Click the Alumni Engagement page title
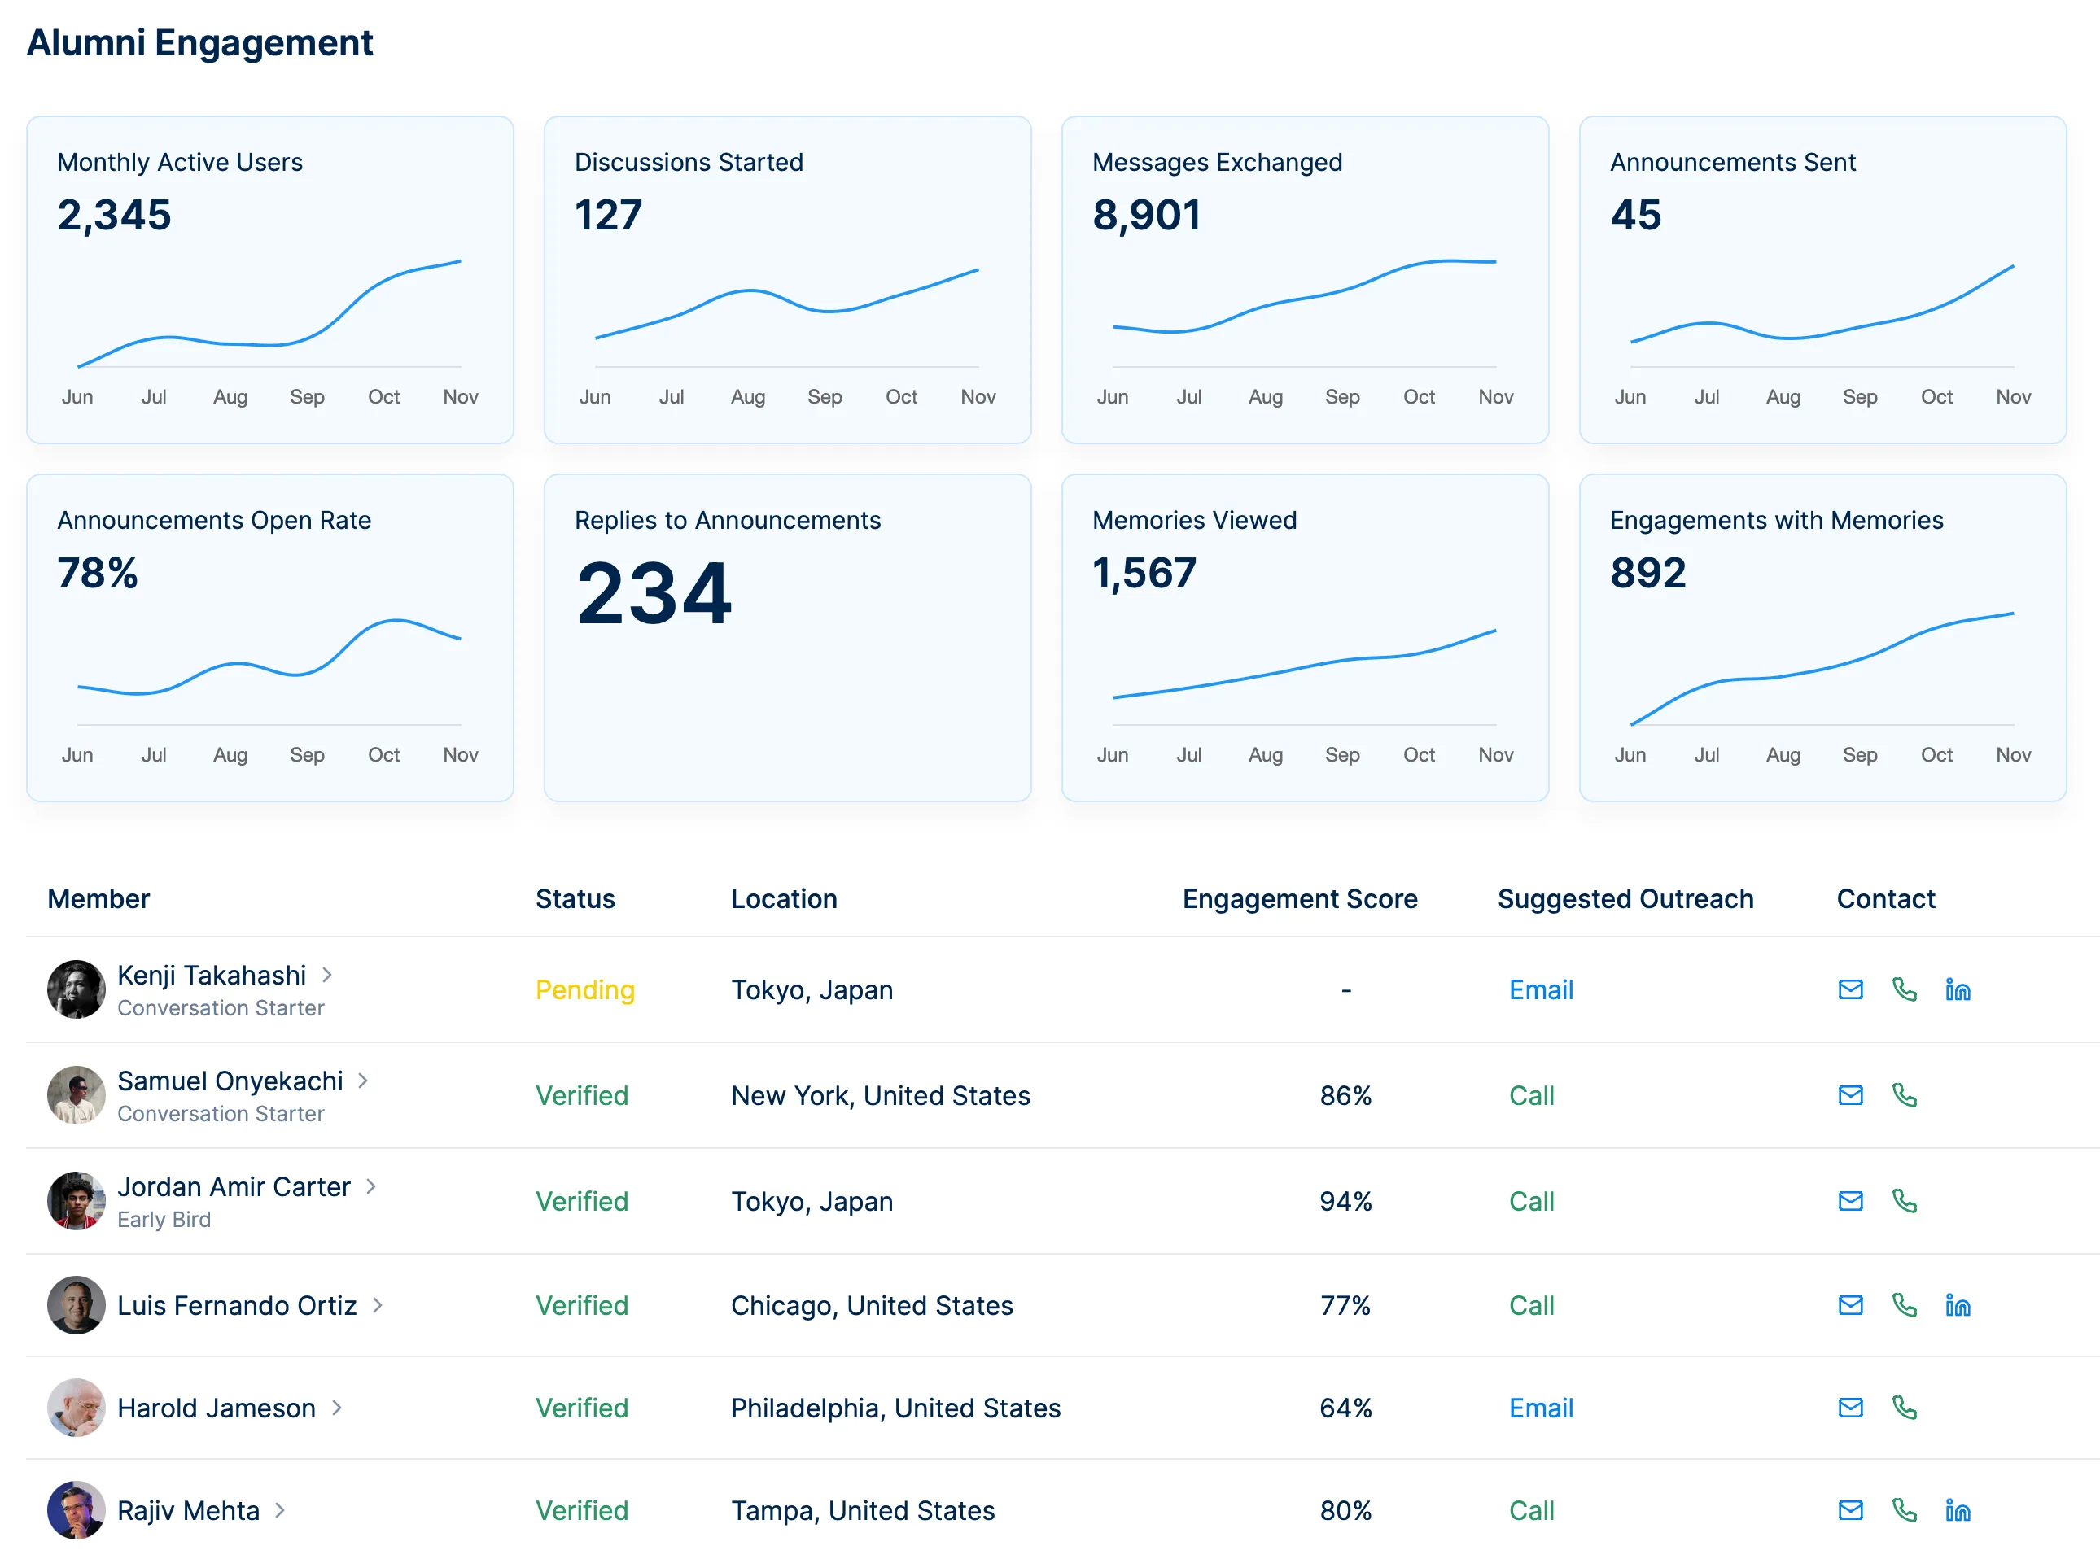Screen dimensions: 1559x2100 [x=199, y=42]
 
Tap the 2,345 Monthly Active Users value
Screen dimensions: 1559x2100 [x=114, y=215]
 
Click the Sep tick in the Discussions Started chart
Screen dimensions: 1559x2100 [x=824, y=396]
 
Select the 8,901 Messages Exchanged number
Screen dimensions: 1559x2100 [x=1146, y=215]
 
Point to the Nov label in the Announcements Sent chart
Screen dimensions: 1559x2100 [x=2011, y=396]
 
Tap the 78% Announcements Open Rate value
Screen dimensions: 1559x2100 [x=97, y=573]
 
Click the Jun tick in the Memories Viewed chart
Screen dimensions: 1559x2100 [x=1112, y=754]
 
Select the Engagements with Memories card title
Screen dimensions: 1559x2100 [x=1775, y=520]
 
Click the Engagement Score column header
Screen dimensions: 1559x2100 [x=1299, y=898]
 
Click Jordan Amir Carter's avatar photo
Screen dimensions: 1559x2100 [x=76, y=1200]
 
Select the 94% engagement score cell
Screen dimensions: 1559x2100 [x=1344, y=1200]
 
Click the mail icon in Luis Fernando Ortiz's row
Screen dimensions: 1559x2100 [x=1849, y=1304]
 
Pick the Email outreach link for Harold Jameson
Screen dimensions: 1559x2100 [x=1539, y=1407]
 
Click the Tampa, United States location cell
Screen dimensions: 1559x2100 [x=862, y=1510]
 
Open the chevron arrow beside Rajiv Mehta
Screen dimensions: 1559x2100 [x=280, y=1510]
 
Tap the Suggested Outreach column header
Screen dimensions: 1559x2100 [x=1625, y=898]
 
